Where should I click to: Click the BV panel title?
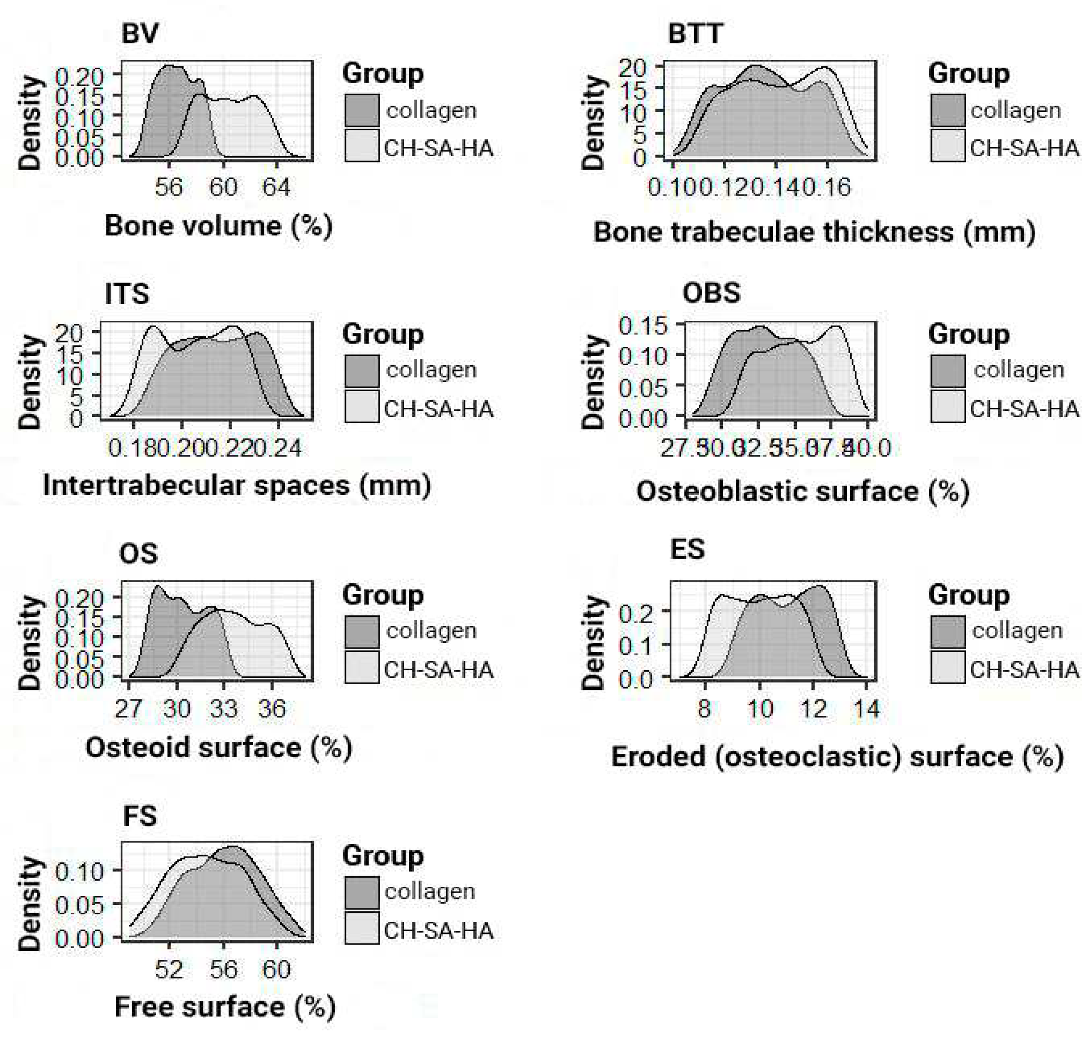click(x=139, y=33)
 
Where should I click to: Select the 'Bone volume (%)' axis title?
click(x=219, y=226)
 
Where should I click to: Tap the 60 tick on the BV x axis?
click(x=223, y=187)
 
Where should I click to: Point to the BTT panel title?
click(x=695, y=33)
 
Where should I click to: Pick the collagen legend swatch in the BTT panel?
click(x=947, y=110)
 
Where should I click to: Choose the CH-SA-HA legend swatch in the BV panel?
click(x=361, y=146)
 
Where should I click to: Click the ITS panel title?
click(x=127, y=294)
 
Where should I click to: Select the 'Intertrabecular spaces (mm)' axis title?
click(x=237, y=485)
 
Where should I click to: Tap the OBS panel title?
click(x=711, y=293)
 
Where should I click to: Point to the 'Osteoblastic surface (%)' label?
click(x=803, y=491)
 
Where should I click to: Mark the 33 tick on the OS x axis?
click(x=223, y=709)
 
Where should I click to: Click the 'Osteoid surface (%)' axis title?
click(x=219, y=747)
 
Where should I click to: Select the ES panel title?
click(x=687, y=549)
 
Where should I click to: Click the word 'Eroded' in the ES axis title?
click(x=658, y=757)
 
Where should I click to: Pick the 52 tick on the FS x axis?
click(x=169, y=969)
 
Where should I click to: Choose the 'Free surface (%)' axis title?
click(x=224, y=1007)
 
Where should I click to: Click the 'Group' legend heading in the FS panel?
click(x=383, y=856)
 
